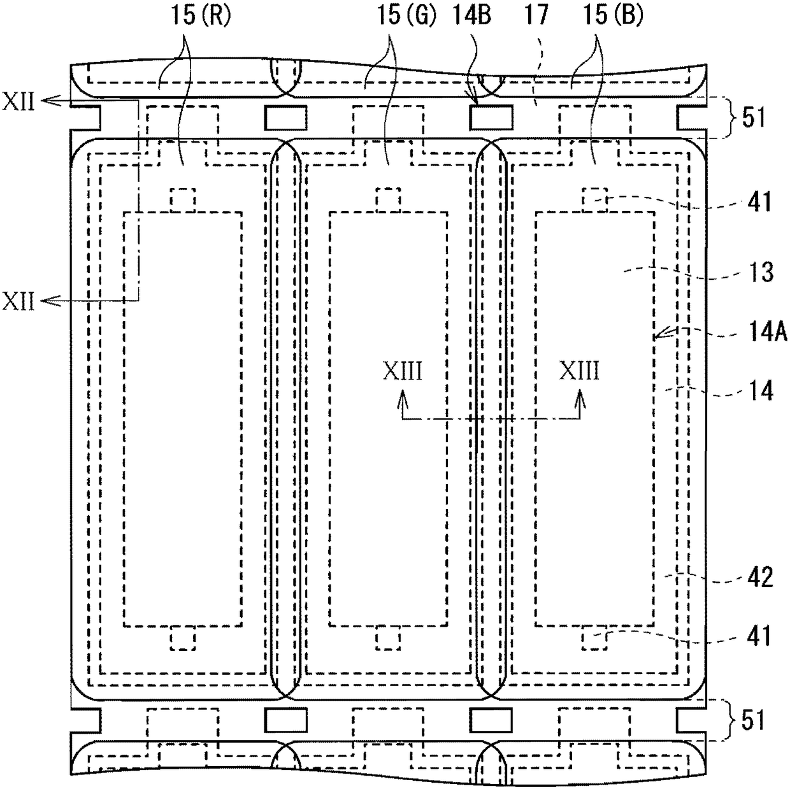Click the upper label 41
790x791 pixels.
point(758,202)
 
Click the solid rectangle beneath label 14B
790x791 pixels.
point(491,117)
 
